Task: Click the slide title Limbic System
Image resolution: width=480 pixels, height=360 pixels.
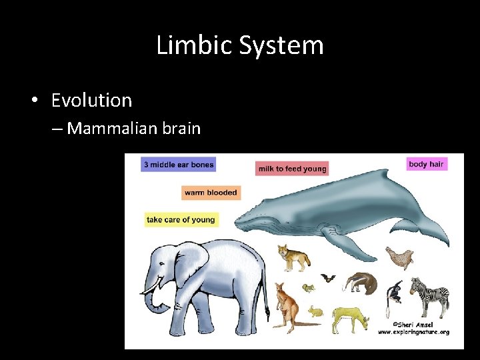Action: [240, 45]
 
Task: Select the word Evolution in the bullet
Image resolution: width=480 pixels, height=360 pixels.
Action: [91, 101]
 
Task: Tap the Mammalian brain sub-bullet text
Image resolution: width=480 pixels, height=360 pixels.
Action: [133, 128]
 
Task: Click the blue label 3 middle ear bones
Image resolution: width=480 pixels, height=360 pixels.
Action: [178, 165]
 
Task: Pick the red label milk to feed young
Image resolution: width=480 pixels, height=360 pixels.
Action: [292, 169]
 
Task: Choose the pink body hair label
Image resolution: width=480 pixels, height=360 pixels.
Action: [426, 164]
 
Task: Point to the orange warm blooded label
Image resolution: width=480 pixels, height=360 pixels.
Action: [210, 193]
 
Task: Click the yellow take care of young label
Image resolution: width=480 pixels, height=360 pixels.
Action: [181, 220]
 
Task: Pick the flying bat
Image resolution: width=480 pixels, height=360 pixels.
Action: [327, 277]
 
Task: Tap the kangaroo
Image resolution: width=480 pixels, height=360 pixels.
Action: [285, 307]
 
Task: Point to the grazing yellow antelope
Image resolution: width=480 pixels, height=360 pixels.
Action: [350, 317]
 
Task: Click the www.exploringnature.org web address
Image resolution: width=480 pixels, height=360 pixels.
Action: [413, 331]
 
